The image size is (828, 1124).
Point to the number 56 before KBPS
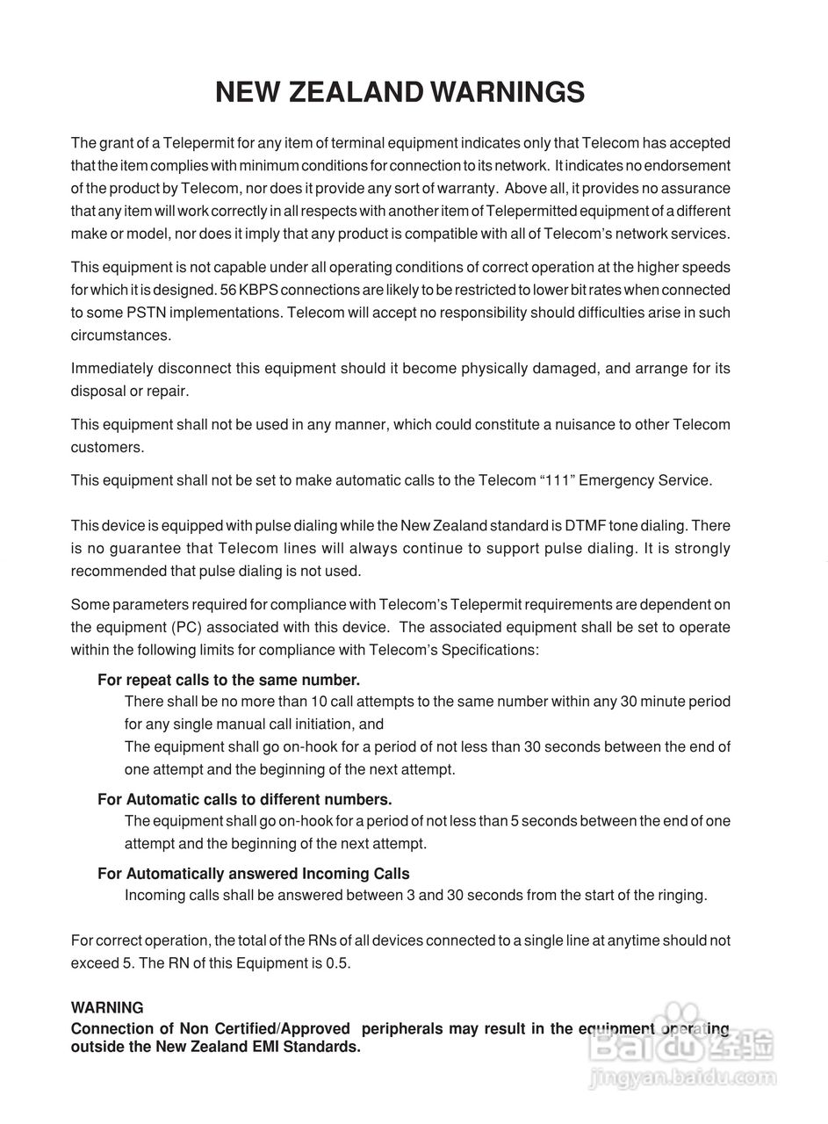(225, 290)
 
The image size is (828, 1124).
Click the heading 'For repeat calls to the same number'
(228, 680)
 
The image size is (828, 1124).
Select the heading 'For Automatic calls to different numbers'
(244, 799)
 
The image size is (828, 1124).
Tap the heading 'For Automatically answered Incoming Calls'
(253, 874)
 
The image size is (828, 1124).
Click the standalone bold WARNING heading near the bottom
(107, 1007)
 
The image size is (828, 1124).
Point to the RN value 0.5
(337, 963)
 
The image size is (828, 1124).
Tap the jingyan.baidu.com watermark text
(683, 1077)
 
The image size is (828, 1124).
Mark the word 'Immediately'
(112, 369)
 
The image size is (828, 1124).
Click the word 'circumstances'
(119, 335)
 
